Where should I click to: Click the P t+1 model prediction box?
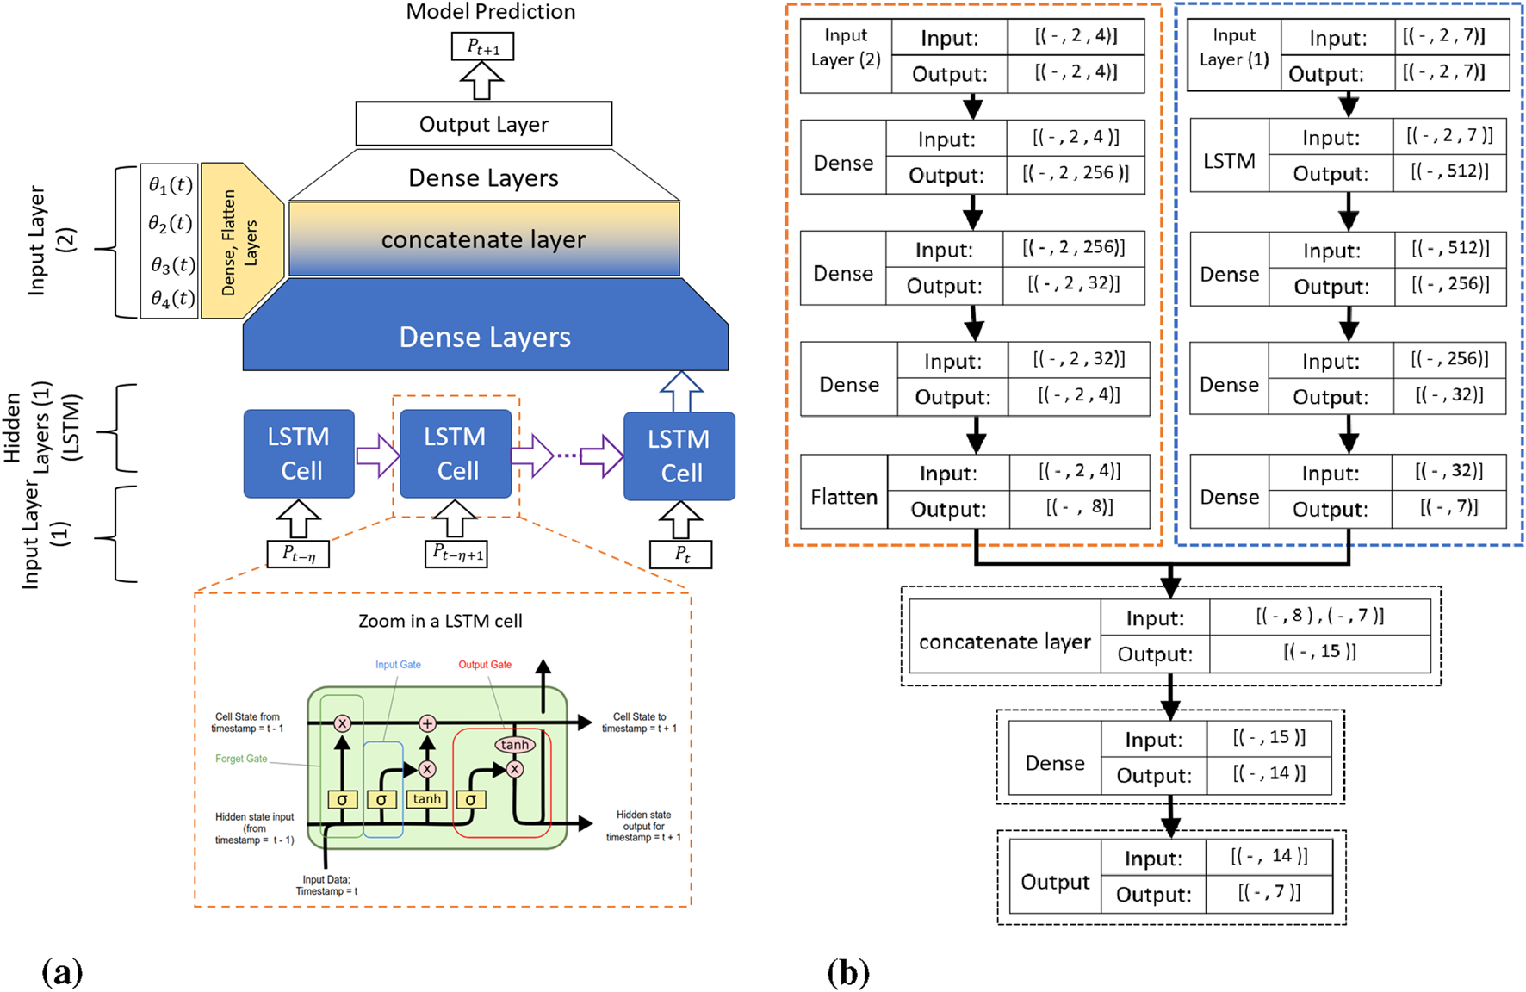click(x=482, y=46)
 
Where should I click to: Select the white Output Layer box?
click(x=483, y=124)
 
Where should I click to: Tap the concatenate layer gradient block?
click(x=483, y=239)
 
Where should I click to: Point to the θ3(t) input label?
click(x=171, y=265)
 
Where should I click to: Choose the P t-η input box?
click(x=298, y=554)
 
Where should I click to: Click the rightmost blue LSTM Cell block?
click(x=679, y=456)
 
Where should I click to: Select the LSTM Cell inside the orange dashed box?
click(x=456, y=454)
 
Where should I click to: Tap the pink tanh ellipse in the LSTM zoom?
click(x=514, y=744)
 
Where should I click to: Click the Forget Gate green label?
click(x=241, y=759)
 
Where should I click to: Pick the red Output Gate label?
click(x=485, y=665)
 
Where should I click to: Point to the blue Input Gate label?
click(x=398, y=665)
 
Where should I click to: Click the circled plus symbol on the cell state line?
click(x=427, y=723)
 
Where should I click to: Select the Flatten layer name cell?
click(x=844, y=497)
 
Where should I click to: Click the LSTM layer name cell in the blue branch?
click(x=1229, y=161)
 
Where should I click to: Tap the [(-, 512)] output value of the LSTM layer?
click(x=1449, y=171)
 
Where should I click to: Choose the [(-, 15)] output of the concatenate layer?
click(x=1319, y=652)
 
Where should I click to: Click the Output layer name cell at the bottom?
click(x=1055, y=882)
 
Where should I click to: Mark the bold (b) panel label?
click(x=848, y=972)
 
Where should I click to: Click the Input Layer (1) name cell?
click(x=1234, y=47)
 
